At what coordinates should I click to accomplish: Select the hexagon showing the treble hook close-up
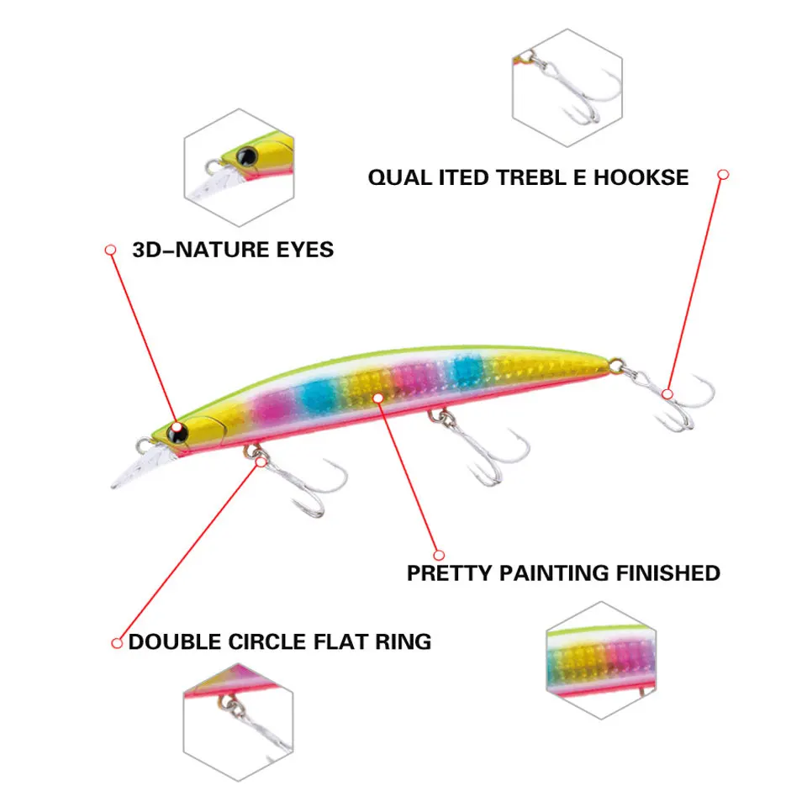click(x=567, y=88)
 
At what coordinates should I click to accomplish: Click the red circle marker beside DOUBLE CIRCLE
click(x=118, y=643)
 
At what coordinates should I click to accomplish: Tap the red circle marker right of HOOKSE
click(x=723, y=175)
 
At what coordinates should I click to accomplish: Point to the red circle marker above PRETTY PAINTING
click(x=438, y=554)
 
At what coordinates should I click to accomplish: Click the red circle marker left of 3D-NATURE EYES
click(x=109, y=250)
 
